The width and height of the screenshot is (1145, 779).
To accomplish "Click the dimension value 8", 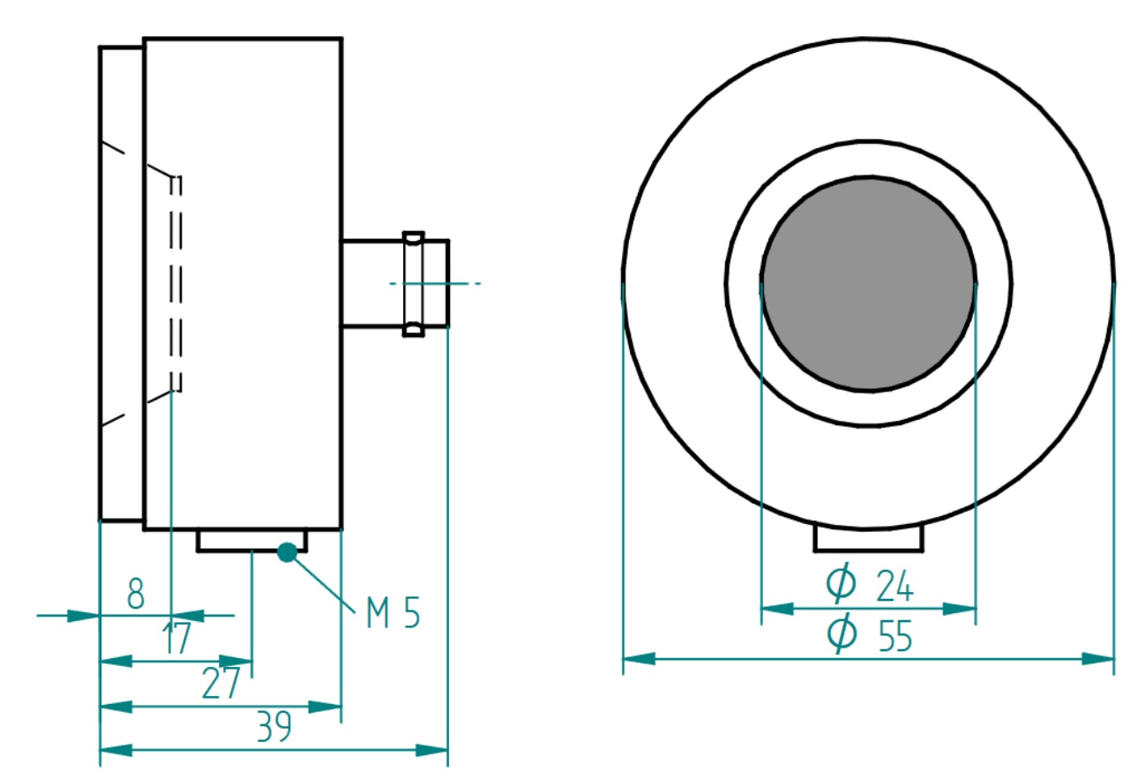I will tap(135, 594).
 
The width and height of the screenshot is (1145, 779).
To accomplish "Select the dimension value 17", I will tap(177, 640).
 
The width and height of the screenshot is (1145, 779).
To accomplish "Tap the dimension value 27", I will tap(221, 685).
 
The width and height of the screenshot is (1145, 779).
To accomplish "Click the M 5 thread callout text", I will tap(393, 614).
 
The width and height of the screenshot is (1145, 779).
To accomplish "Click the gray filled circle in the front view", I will tap(869, 283).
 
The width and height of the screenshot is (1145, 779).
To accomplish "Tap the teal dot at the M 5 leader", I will tap(287, 552).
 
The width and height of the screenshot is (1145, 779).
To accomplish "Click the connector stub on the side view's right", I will tap(394, 283).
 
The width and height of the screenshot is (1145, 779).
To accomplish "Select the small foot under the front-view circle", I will tap(869, 537).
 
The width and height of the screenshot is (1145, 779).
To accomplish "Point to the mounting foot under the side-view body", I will tap(251, 541).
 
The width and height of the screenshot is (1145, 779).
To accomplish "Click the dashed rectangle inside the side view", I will tap(176, 283).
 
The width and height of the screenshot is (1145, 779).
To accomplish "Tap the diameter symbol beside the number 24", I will tap(841, 583).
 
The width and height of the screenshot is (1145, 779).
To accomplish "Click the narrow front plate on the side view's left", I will tap(121, 283).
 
